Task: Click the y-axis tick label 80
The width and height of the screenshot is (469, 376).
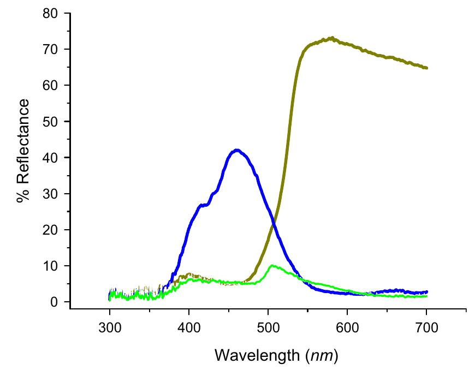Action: pyautogui.click(x=51, y=13)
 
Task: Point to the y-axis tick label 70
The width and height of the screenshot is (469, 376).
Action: pyautogui.click(x=51, y=49)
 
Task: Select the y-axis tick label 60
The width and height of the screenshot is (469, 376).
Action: pyautogui.click(x=51, y=85)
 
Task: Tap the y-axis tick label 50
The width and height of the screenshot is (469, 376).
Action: pyautogui.click(x=51, y=121)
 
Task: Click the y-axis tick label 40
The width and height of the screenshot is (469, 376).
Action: pyautogui.click(x=51, y=157)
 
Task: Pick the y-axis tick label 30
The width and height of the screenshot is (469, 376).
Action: pyautogui.click(x=51, y=194)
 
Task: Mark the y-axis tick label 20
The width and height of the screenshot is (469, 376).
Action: pyautogui.click(x=51, y=230)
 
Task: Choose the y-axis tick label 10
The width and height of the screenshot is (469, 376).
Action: pyautogui.click(x=51, y=266)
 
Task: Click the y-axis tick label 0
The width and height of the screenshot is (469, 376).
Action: pyautogui.click(x=55, y=302)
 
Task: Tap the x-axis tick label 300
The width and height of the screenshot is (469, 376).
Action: pyautogui.click(x=110, y=327)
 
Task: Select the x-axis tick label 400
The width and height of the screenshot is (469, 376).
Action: pyautogui.click(x=189, y=327)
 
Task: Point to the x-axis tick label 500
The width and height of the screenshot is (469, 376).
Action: pyautogui.click(x=268, y=327)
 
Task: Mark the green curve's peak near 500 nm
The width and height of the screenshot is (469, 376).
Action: pyautogui.click(x=272, y=266)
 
